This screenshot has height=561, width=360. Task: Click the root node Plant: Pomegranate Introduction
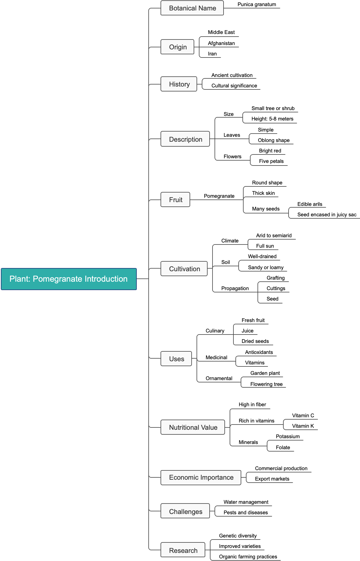click(69, 279)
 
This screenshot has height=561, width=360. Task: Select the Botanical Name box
click(192, 8)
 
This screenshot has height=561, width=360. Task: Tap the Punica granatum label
click(257, 4)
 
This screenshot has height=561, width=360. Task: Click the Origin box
click(177, 47)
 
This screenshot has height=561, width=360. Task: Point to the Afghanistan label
click(221, 43)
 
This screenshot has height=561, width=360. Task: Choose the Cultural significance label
click(234, 86)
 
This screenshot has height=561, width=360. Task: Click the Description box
click(185, 139)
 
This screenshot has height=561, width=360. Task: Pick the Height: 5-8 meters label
click(272, 119)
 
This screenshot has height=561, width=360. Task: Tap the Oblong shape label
click(273, 140)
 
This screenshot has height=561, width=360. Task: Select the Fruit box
click(175, 200)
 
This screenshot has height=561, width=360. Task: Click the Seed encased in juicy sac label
click(327, 215)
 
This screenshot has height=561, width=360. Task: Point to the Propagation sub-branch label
click(235, 288)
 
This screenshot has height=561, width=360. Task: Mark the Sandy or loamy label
click(266, 267)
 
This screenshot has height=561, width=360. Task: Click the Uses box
click(176, 359)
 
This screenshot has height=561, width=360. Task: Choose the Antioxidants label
click(259, 352)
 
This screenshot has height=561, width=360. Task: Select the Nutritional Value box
click(193, 427)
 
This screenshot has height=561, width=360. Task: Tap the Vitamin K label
click(303, 426)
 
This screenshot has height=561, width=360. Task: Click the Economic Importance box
click(201, 477)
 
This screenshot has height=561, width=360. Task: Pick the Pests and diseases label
click(246, 513)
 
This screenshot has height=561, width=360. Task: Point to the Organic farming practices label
click(248, 557)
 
